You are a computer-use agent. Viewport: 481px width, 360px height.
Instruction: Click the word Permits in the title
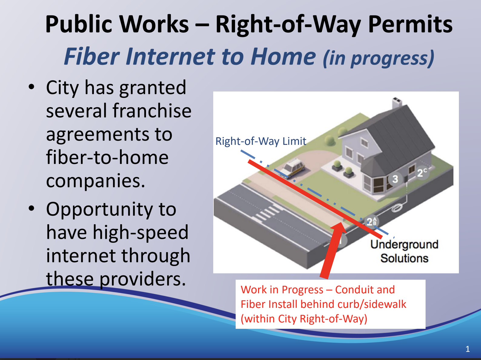(410, 24)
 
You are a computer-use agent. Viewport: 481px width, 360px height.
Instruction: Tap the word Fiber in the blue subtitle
(91, 56)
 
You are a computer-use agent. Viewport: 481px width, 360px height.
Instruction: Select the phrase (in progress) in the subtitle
(378, 58)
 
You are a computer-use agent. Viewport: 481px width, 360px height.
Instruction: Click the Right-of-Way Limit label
(260, 141)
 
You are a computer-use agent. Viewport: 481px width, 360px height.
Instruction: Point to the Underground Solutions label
(404, 251)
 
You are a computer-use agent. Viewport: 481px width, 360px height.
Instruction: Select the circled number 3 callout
(395, 179)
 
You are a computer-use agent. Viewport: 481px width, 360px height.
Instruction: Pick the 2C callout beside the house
(422, 173)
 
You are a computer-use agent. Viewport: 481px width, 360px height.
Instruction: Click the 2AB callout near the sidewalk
(371, 222)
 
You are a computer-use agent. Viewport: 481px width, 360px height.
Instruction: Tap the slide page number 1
(467, 349)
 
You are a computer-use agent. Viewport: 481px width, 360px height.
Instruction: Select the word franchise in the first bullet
(152, 111)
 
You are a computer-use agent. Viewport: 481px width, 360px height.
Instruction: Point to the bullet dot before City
(32, 87)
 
